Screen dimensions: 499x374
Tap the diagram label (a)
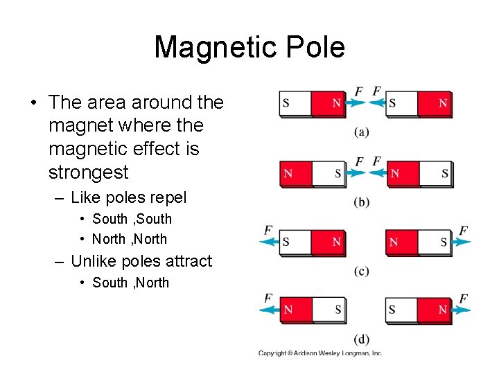361,132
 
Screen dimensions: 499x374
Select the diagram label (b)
361,202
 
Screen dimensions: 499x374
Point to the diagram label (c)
361,271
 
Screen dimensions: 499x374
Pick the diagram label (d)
361,339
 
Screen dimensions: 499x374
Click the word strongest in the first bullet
89,172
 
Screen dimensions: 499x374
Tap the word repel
165,197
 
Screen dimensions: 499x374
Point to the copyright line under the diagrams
320,353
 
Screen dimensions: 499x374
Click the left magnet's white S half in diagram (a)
295,103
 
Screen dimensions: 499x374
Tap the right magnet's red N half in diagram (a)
435,103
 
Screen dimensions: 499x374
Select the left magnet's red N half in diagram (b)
295,173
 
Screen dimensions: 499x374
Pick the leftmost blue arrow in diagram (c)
269,242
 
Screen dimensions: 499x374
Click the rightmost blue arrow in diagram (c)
462,242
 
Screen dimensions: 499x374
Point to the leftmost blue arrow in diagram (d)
269,310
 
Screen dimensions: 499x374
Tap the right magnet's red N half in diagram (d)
435,310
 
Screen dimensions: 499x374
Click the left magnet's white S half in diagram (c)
295,242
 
